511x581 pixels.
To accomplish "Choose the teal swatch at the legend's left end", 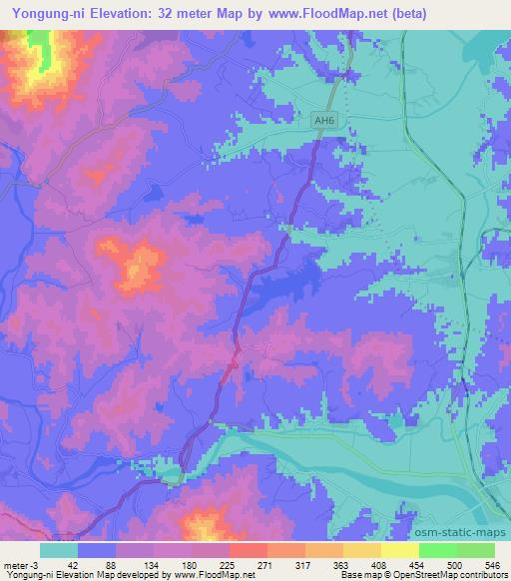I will coord(59,550).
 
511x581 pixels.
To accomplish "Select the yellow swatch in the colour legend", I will coord(399,550).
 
